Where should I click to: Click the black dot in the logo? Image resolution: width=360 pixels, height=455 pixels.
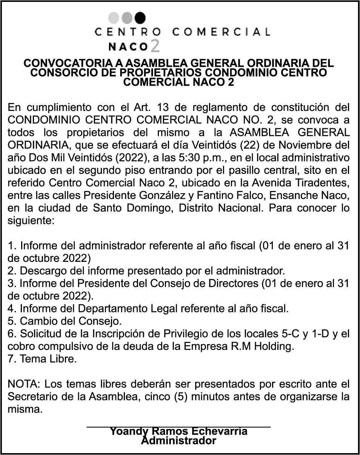pyautogui.click(x=140, y=17)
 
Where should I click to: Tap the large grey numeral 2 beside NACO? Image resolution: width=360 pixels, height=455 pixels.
pyautogui.click(x=155, y=46)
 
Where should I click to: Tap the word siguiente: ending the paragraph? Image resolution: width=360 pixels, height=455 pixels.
pyautogui.click(x=31, y=221)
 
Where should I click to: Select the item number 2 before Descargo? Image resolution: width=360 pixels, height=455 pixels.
pyautogui.click(x=12, y=271)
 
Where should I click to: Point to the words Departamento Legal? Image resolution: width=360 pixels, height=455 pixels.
pyautogui.click(x=129, y=309)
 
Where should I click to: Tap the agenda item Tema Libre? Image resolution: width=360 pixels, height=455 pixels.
pyautogui.click(x=42, y=359)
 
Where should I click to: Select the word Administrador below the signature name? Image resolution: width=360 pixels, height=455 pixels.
pyautogui.click(x=178, y=440)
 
